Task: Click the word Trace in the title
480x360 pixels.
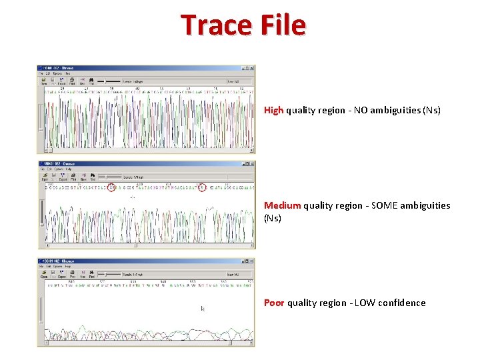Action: coord(216,25)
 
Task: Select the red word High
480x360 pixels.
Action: coord(274,110)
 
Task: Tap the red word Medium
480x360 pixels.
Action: coord(283,205)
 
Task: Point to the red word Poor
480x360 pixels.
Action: coord(274,303)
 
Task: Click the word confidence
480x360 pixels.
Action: coord(401,303)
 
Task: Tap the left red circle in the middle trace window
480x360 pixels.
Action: coord(111,187)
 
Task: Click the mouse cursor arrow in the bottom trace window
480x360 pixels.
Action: coord(203,309)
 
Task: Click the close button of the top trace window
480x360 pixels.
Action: coord(251,68)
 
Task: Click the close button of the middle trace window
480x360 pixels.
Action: coord(251,163)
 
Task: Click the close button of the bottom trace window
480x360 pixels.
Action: coord(251,261)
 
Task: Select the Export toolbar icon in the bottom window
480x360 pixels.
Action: coord(62,275)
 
